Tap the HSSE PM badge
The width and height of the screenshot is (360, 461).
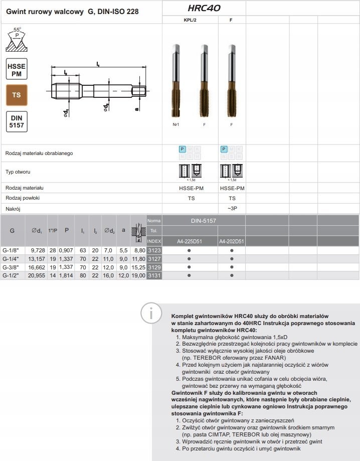[x=17, y=69]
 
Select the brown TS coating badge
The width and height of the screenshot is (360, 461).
[x=17, y=94]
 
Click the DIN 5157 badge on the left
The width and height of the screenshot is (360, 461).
[x=17, y=121]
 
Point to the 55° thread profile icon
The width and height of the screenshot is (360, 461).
[x=17, y=41]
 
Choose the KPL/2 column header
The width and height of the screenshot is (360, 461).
[x=191, y=21]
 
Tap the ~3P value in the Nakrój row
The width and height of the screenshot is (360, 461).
[x=232, y=208]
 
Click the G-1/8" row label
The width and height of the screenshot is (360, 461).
[x=12, y=250]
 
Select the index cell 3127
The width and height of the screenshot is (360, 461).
[x=154, y=258]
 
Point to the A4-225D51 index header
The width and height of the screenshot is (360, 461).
[x=190, y=241]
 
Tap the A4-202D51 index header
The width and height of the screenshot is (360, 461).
[x=232, y=241]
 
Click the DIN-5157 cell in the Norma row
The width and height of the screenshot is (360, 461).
[x=204, y=221]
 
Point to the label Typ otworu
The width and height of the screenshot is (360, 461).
[x=18, y=172]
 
